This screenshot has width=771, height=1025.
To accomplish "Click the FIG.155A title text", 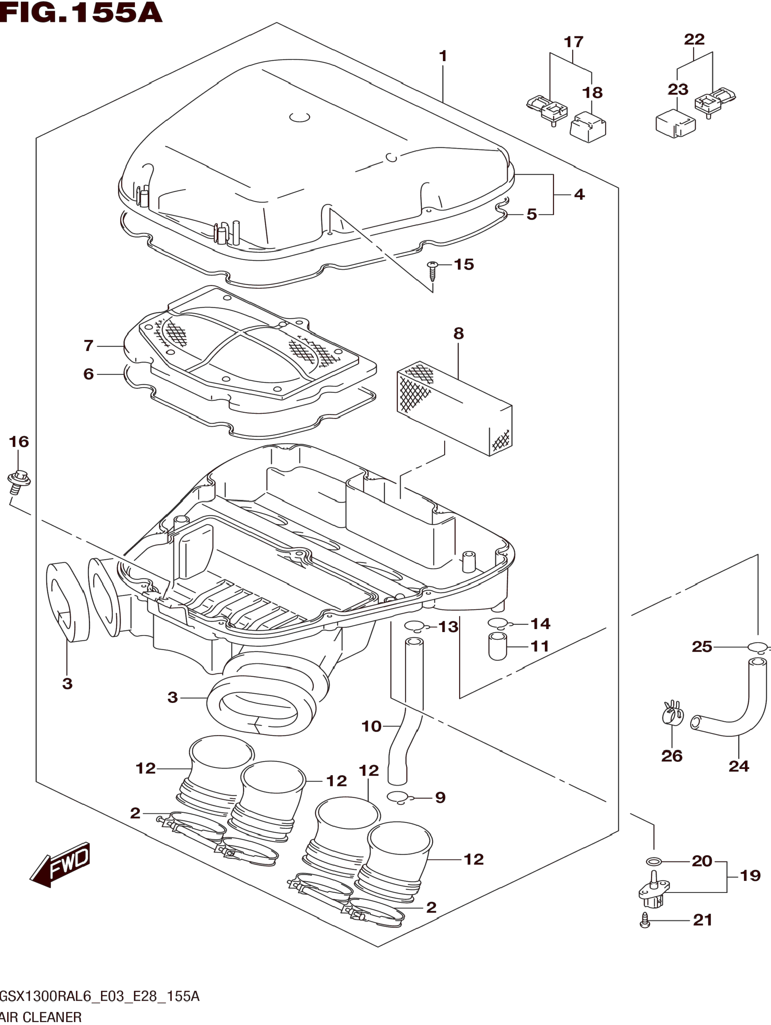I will click(81, 13).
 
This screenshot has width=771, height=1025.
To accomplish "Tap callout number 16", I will click(18, 441).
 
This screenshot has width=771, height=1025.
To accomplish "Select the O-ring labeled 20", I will click(653, 862).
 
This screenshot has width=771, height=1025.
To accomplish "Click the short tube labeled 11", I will click(497, 646).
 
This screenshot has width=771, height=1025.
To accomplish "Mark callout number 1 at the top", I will click(443, 56).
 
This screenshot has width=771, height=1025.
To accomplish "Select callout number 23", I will click(678, 89).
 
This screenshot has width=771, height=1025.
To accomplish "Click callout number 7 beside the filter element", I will click(88, 345).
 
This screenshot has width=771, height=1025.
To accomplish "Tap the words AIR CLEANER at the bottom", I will click(42, 1017).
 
